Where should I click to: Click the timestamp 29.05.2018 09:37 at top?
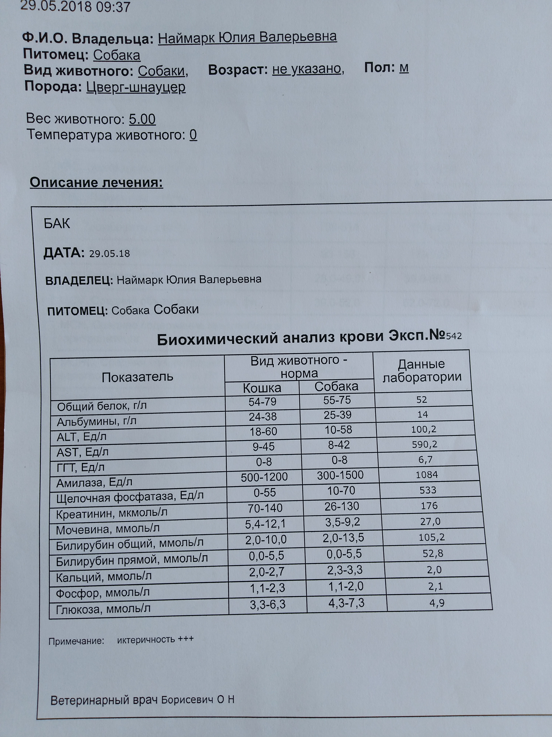[x=75, y=6]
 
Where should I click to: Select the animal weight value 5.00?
[x=142, y=119]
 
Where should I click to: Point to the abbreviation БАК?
[x=57, y=224]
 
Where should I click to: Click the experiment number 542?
[x=454, y=336]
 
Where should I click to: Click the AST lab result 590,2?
[x=424, y=444]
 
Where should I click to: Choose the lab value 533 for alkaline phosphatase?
[x=428, y=490]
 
